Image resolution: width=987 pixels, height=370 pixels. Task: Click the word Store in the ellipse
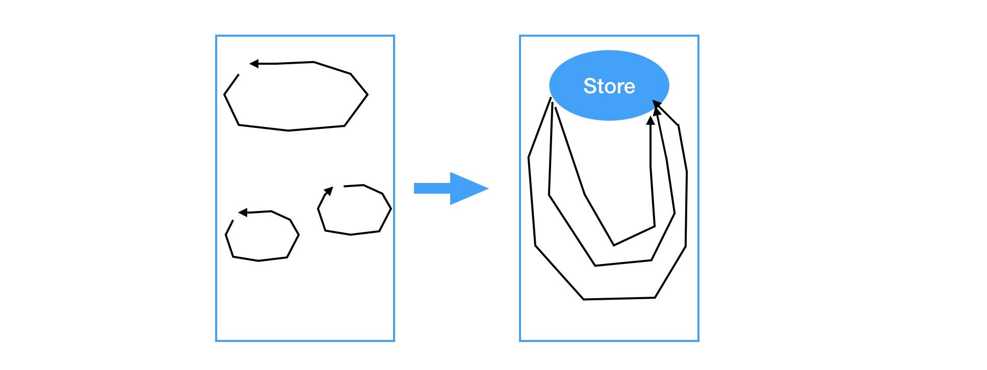(x=609, y=86)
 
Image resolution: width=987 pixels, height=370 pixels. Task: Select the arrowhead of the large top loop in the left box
(x=254, y=64)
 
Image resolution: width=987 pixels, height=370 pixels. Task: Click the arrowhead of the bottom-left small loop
(x=243, y=213)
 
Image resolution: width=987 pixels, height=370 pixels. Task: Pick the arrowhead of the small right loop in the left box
(x=329, y=191)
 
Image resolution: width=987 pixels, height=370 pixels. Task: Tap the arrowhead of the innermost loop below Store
(x=651, y=120)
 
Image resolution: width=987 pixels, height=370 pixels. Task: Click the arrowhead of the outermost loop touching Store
(x=657, y=104)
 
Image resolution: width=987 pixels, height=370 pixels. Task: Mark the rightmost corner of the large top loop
(x=368, y=94)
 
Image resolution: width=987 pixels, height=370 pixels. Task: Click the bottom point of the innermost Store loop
(x=614, y=245)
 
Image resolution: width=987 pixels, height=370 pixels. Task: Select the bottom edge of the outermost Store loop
(x=619, y=299)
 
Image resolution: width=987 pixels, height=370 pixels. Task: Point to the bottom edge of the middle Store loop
(x=623, y=263)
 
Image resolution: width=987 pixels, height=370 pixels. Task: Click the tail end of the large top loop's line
(x=238, y=75)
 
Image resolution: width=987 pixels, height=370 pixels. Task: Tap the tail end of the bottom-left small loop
(x=233, y=221)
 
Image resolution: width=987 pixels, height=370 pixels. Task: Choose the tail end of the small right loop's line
(x=344, y=187)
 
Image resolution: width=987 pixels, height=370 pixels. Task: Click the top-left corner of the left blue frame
(x=216, y=36)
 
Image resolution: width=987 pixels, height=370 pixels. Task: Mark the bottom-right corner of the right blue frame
(x=698, y=340)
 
